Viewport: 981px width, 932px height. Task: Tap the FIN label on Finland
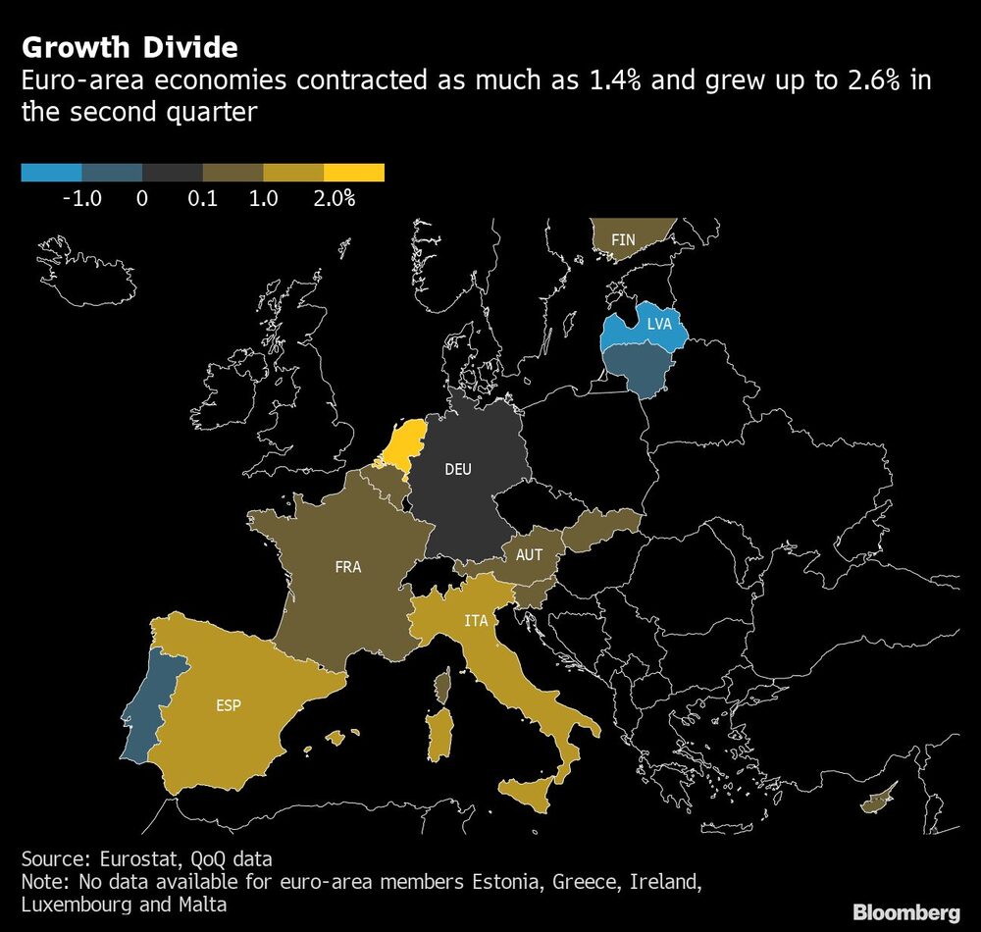(x=623, y=239)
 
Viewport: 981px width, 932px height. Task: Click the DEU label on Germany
(x=458, y=469)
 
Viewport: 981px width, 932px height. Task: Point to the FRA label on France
(x=347, y=567)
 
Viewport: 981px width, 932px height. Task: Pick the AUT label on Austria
(x=529, y=555)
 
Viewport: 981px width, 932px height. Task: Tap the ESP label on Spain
(x=229, y=704)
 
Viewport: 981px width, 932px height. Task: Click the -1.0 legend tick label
(x=81, y=198)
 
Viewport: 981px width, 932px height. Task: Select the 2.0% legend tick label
(x=334, y=198)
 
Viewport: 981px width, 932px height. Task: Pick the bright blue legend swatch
(x=51, y=174)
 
